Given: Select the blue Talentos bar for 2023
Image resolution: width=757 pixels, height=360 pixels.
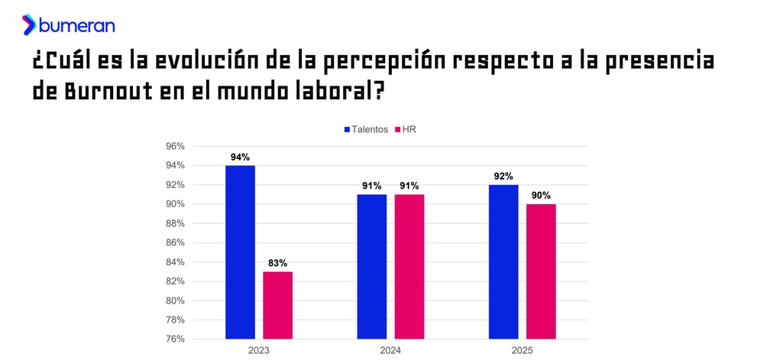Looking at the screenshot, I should point(240,251).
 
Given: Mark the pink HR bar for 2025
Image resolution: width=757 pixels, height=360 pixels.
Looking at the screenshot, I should point(541,271).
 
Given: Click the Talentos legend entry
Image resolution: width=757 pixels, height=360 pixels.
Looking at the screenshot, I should point(366,130).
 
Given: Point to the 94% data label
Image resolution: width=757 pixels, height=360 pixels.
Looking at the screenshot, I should point(240,157).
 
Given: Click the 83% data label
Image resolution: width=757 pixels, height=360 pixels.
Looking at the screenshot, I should point(277,263).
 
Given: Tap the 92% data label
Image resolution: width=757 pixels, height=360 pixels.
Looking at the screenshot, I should point(503,177).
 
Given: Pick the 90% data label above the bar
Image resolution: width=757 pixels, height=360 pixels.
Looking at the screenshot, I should point(541,196).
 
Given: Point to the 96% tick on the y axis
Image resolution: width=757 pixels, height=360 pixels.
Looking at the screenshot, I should point(175,147).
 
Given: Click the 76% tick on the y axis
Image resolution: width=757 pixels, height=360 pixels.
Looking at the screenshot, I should point(175,339).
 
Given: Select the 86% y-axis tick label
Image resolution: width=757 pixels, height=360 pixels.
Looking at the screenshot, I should point(175,243).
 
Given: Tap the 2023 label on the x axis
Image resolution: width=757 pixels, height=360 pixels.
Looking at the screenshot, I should point(259,350).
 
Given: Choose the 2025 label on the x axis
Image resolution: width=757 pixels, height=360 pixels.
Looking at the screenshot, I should point(522,350).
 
